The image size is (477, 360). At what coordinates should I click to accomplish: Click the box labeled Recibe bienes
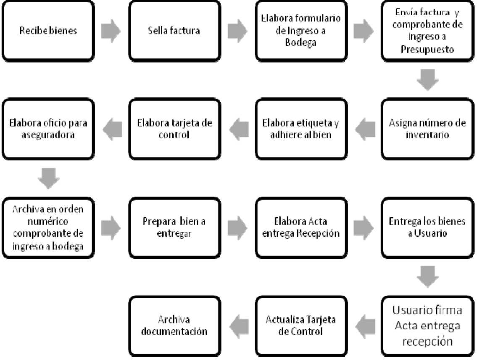(x=48, y=31)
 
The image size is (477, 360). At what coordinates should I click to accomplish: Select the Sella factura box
(x=174, y=31)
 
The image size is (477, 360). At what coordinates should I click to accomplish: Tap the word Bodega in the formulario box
(x=300, y=42)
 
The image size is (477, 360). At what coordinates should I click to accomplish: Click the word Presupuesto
(x=427, y=49)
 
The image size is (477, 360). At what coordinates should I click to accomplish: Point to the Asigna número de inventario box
(x=427, y=129)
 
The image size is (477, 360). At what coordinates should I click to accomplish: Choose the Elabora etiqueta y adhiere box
(x=301, y=129)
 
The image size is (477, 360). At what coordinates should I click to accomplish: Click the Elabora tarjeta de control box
(x=174, y=129)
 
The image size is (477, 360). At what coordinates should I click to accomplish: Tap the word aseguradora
(x=48, y=135)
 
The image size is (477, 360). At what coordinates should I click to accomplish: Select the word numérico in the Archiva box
(x=48, y=221)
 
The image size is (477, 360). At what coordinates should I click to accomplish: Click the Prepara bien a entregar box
(x=174, y=228)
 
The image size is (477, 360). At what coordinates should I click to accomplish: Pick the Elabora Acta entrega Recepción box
(x=301, y=228)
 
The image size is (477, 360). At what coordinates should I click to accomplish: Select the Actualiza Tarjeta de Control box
(x=301, y=326)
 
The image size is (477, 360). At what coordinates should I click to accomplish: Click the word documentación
(x=174, y=331)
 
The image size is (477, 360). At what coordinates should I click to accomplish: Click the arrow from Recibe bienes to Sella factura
(x=111, y=31)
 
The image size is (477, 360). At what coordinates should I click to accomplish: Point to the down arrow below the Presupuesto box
(x=427, y=80)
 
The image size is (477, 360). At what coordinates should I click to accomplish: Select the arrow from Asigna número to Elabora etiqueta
(x=365, y=129)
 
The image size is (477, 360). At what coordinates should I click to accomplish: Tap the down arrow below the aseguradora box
(x=49, y=179)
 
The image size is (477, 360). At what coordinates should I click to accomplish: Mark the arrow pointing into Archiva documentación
(x=239, y=326)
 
